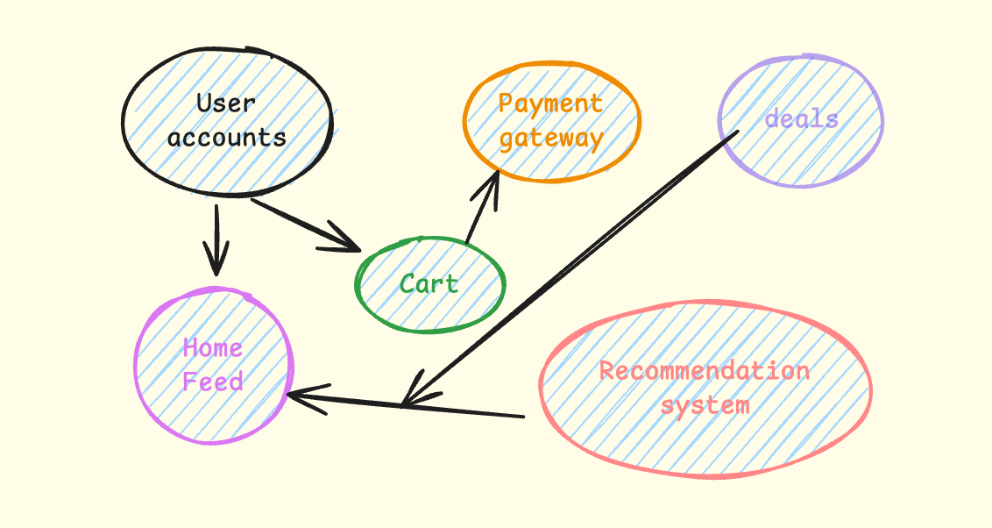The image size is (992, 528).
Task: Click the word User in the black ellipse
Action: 226,103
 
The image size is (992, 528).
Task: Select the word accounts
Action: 227,138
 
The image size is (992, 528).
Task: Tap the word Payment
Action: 550,103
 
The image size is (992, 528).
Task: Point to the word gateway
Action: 552,139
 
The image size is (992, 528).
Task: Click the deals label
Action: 801,118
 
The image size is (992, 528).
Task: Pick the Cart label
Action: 429,283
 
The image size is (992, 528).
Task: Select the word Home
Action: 212,348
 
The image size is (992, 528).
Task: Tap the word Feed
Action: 213,382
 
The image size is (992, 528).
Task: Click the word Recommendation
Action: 705,370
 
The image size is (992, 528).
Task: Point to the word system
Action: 705,405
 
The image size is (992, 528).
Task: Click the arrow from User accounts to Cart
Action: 302,225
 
